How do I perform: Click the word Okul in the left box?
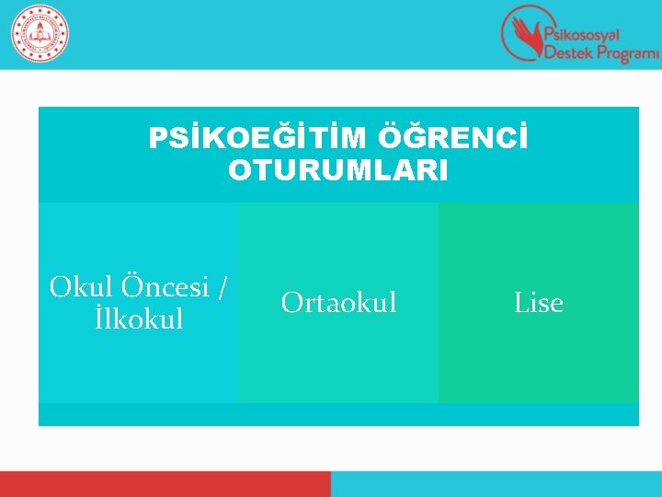78,287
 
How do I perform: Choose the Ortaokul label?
338,302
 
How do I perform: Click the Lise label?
538,302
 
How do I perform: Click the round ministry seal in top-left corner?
40,34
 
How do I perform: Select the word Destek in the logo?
567,53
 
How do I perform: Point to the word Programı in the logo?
627,54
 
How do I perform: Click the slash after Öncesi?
222,287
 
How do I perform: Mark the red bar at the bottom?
165,484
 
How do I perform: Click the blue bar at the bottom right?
496,484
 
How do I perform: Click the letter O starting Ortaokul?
291,302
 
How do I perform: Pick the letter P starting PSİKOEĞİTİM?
157,139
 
